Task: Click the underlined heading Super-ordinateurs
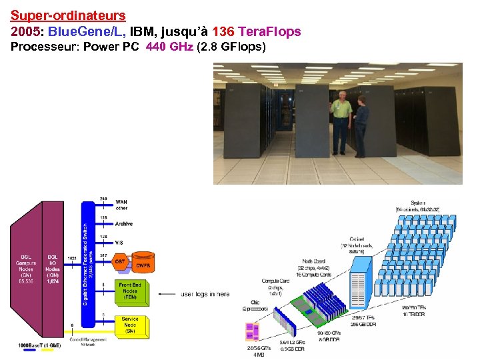tap(68, 14)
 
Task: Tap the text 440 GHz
tap(169, 47)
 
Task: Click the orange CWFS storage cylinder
tap(142, 265)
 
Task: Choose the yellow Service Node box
tap(130, 325)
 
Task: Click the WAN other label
tap(122, 205)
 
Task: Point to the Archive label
tap(124, 223)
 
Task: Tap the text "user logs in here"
tap(205, 294)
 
